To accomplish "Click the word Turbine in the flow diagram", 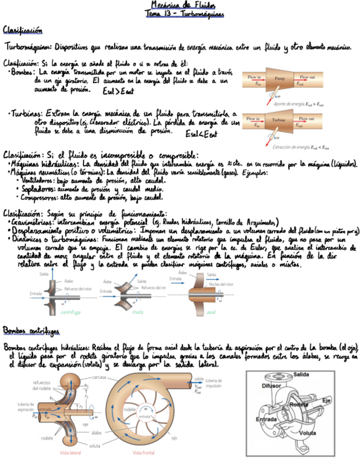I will [280, 119].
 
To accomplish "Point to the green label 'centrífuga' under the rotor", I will [70, 312].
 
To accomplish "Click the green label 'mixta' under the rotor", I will [138, 312].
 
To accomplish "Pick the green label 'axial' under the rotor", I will [211, 312].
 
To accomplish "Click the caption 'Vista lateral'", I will [71, 452].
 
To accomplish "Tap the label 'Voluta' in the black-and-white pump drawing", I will [307, 432].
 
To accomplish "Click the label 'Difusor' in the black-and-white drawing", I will [271, 385].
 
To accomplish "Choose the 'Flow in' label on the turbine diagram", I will [254, 118].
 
